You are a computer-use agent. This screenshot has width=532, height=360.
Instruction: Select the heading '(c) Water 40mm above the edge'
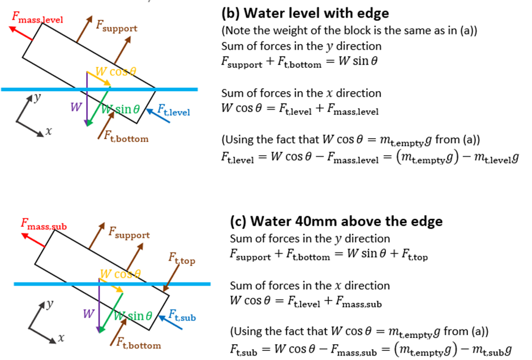(x=329, y=221)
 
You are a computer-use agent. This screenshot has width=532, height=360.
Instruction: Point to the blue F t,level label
(x=173, y=109)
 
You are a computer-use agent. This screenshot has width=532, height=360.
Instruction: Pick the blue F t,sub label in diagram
(x=182, y=316)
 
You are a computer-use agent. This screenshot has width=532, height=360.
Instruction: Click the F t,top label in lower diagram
(x=181, y=259)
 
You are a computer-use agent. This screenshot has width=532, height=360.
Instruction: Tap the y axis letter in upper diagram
(x=37, y=97)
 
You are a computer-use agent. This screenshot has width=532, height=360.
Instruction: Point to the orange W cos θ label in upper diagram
(x=115, y=72)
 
